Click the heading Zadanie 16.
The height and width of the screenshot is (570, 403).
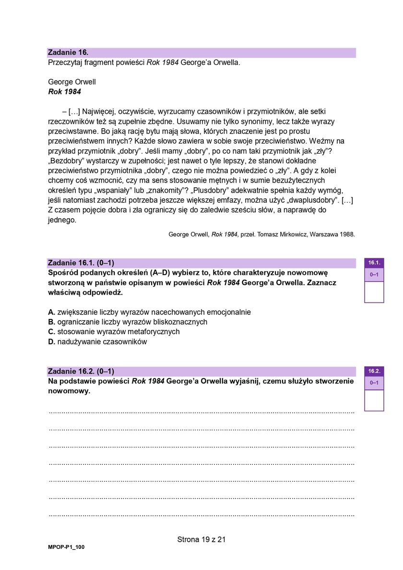(x=68, y=52)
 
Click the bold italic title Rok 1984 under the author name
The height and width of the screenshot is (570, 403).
(x=64, y=92)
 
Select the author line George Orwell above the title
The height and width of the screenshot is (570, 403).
(x=72, y=82)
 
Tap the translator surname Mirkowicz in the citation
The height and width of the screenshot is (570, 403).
(x=291, y=235)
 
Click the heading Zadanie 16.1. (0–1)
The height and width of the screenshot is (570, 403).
(x=81, y=263)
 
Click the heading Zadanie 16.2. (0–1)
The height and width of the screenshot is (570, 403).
(x=81, y=371)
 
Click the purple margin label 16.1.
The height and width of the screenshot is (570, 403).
(x=374, y=263)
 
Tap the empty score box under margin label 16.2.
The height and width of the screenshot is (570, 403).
(x=374, y=400)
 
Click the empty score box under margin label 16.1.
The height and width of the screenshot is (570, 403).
(x=374, y=292)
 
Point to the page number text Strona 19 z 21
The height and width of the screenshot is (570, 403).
(x=201, y=539)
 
